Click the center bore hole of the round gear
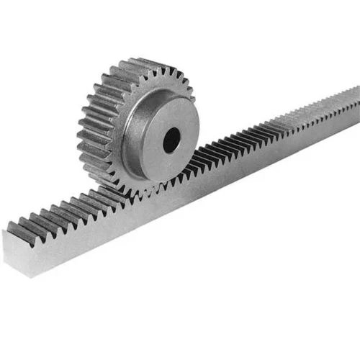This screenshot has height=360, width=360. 171,139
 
